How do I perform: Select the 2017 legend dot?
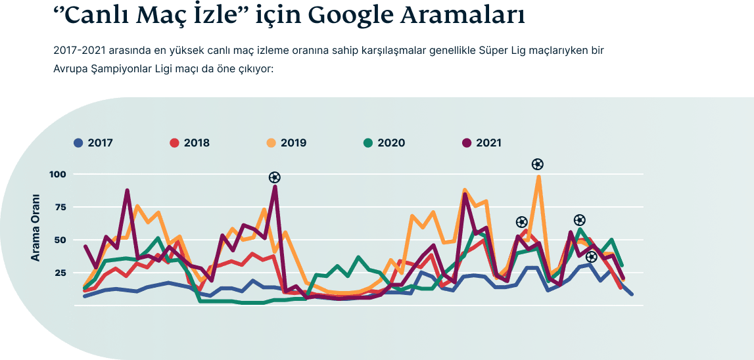click(x=78, y=143)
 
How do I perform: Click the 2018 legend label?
click(x=197, y=143)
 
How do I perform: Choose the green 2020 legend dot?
click(x=368, y=143)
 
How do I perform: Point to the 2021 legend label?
click(x=488, y=143)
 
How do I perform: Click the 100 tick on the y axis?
click(x=59, y=174)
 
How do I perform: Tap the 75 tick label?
click(x=61, y=207)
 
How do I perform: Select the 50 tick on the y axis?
click(x=61, y=240)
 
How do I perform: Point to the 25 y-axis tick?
click(x=61, y=273)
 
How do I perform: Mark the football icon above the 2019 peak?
click(x=538, y=164)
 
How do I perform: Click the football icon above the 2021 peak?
click(x=275, y=177)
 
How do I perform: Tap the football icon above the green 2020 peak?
click(x=579, y=220)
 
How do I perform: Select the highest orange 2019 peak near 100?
click(x=538, y=177)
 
